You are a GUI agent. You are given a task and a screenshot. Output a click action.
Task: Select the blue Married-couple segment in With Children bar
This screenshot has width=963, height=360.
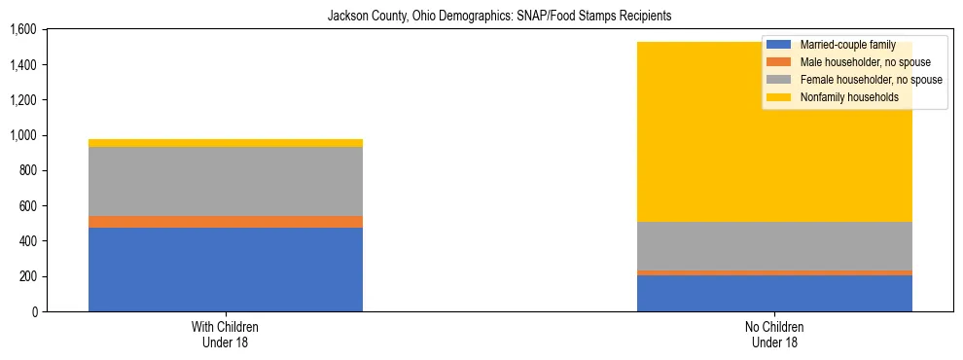pos(226,270)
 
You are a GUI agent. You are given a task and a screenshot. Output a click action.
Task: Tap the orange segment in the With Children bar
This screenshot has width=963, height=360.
pos(226,222)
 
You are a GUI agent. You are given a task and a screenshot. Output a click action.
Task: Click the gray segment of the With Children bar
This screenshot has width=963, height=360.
pos(226,181)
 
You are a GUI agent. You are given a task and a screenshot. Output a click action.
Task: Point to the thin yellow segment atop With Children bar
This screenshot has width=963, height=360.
pos(226,143)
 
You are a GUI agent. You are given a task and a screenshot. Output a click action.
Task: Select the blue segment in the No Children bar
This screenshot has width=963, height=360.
pos(774,293)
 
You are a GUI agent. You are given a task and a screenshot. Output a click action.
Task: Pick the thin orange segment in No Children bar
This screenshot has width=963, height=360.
pos(774,272)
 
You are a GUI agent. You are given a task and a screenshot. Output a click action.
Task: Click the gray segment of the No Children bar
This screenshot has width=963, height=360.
pos(774,246)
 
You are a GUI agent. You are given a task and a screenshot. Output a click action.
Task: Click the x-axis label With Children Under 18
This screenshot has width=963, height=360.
pos(226,334)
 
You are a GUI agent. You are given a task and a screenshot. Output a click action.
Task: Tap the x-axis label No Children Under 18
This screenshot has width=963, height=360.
pos(774,334)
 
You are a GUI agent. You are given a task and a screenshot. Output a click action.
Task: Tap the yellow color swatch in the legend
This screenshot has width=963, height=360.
pos(779,97)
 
